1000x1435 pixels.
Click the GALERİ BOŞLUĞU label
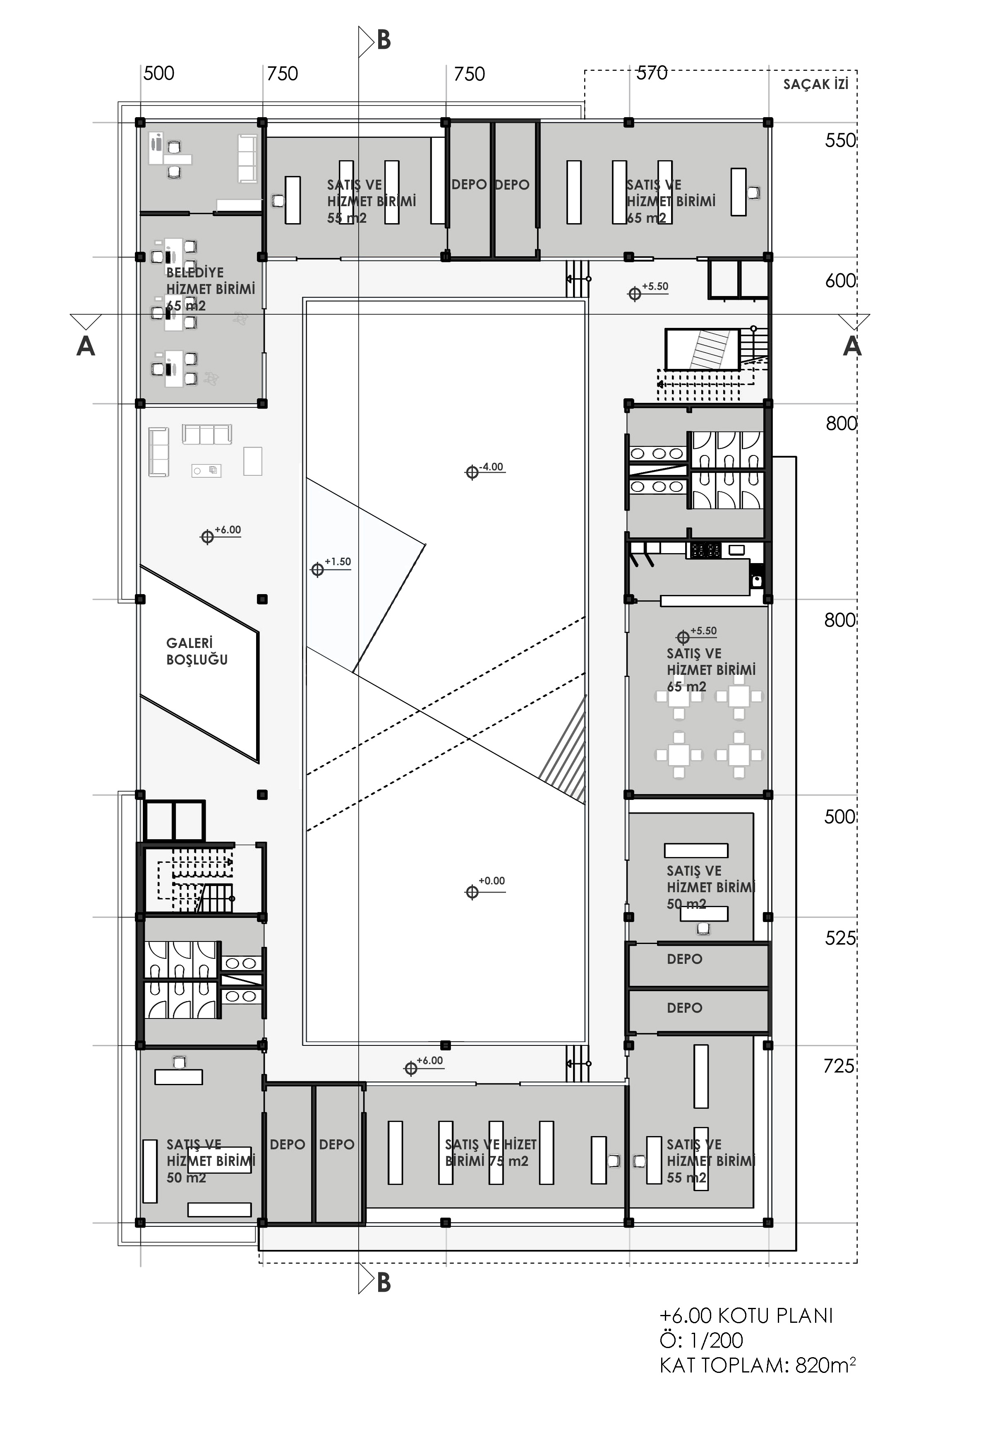197,651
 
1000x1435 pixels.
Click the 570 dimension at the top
652,73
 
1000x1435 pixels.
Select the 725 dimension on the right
839,1066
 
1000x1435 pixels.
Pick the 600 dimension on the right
840,281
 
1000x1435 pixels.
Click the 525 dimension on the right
840,938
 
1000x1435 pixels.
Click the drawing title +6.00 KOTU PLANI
746,1316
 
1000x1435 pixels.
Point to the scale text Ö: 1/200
701,1341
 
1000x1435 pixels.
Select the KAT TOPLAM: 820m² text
757,1365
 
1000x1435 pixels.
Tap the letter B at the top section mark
384,41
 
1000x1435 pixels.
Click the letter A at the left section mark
86,346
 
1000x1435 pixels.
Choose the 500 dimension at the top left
158,73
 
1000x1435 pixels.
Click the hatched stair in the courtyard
564,750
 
